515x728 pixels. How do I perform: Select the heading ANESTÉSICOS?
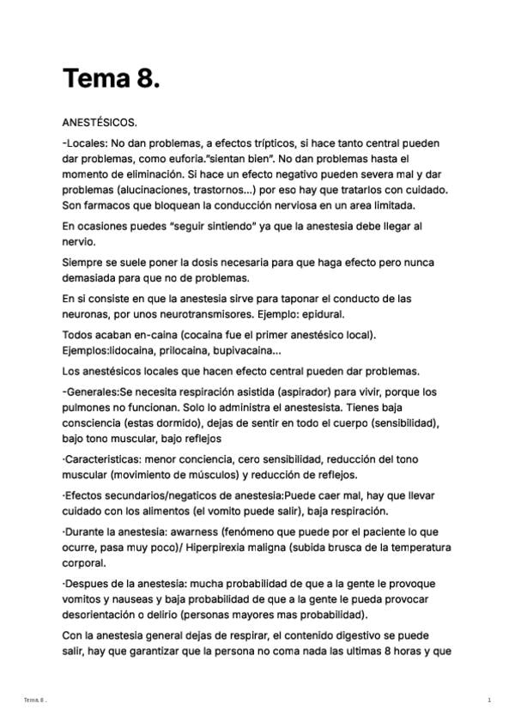click(100, 122)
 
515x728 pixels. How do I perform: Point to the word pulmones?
click(87, 408)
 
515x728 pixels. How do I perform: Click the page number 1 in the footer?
click(488, 701)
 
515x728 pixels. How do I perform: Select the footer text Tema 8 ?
click(35, 701)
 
